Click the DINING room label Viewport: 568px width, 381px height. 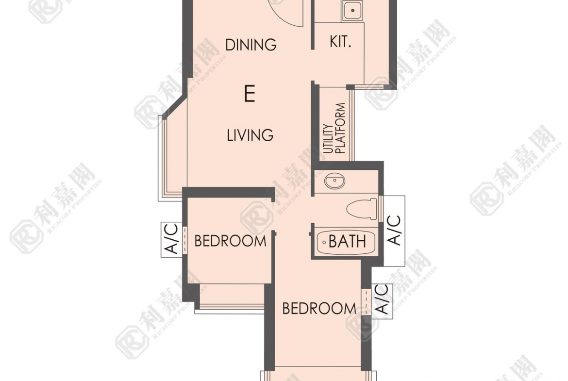[251, 45]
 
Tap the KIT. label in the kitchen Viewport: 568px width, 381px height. [340, 42]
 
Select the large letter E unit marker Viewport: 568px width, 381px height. [250, 94]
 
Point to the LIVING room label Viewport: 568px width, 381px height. [250, 135]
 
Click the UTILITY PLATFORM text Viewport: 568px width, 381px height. [334, 129]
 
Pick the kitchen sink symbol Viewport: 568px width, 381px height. [352, 11]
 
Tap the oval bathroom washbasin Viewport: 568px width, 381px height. [334, 181]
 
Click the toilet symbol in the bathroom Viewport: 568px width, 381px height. [362, 209]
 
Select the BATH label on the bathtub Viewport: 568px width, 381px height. [347, 241]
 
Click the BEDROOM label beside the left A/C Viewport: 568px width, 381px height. [230, 241]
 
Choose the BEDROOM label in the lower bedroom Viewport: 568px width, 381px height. [319, 309]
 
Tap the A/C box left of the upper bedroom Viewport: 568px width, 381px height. [171, 239]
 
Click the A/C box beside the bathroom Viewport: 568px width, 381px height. [394, 231]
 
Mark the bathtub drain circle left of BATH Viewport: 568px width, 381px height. [324, 242]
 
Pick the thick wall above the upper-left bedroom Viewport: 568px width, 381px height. [228, 192]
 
